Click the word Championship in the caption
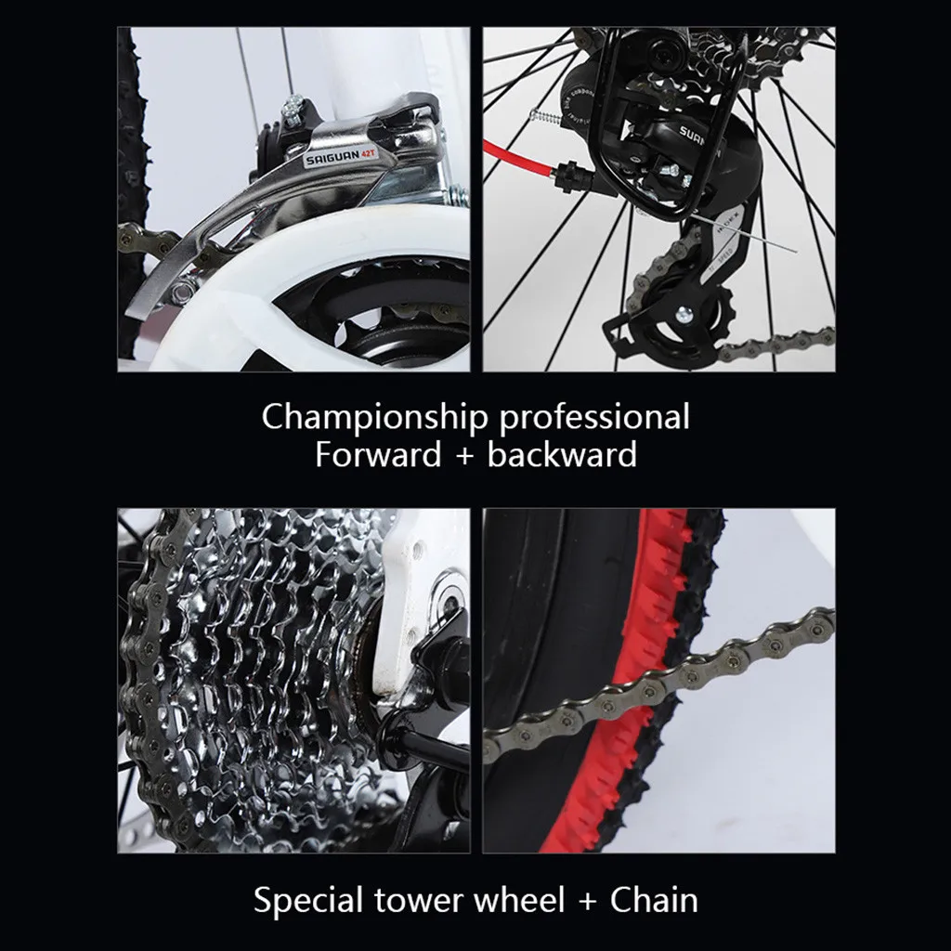coord(373,416)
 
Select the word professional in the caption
coord(594,416)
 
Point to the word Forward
coord(378,455)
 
